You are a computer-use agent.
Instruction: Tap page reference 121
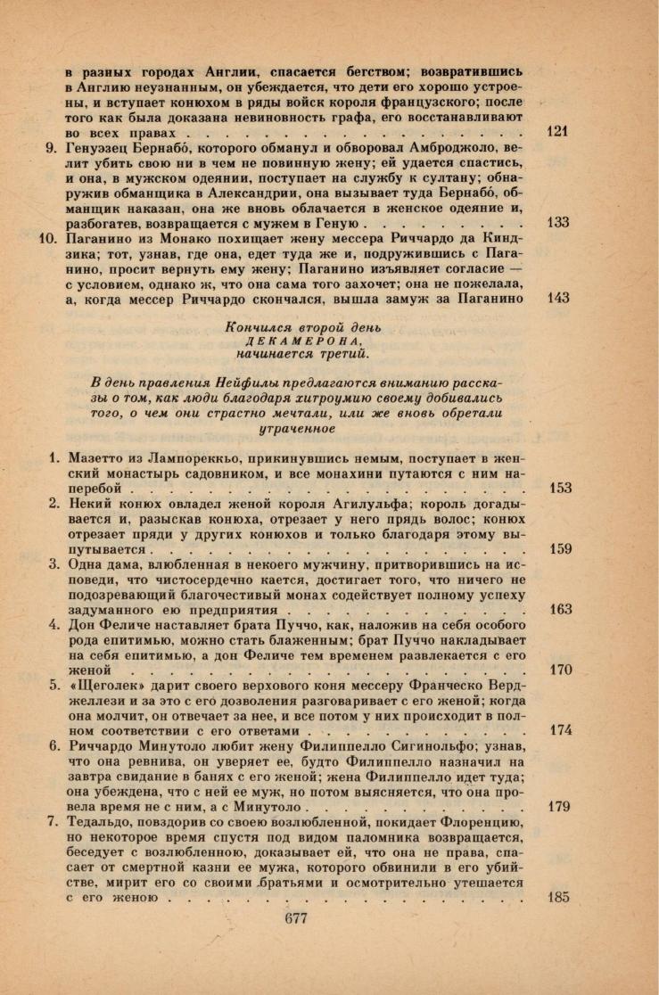pos(556,131)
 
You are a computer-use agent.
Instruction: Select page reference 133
pos(557,222)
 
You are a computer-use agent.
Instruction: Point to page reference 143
pos(557,298)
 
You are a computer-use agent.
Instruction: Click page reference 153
pos(560,489)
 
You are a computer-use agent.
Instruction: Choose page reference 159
pos(560,549)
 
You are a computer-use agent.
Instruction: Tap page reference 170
pos(560,670)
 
